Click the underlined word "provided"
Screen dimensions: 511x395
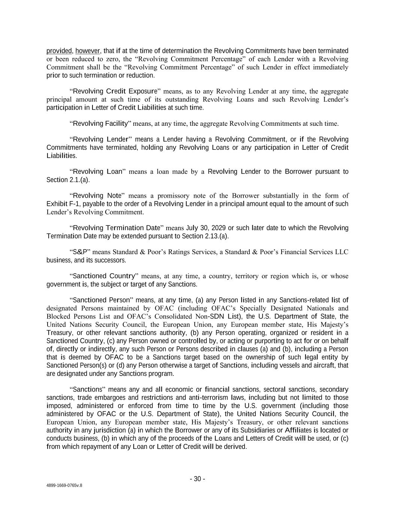[x=59, y=51]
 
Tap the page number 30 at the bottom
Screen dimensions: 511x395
[x=197, y=479]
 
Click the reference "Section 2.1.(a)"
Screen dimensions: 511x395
[x=68, y=180]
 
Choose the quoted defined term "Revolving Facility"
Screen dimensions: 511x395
[x=100, y=124]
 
